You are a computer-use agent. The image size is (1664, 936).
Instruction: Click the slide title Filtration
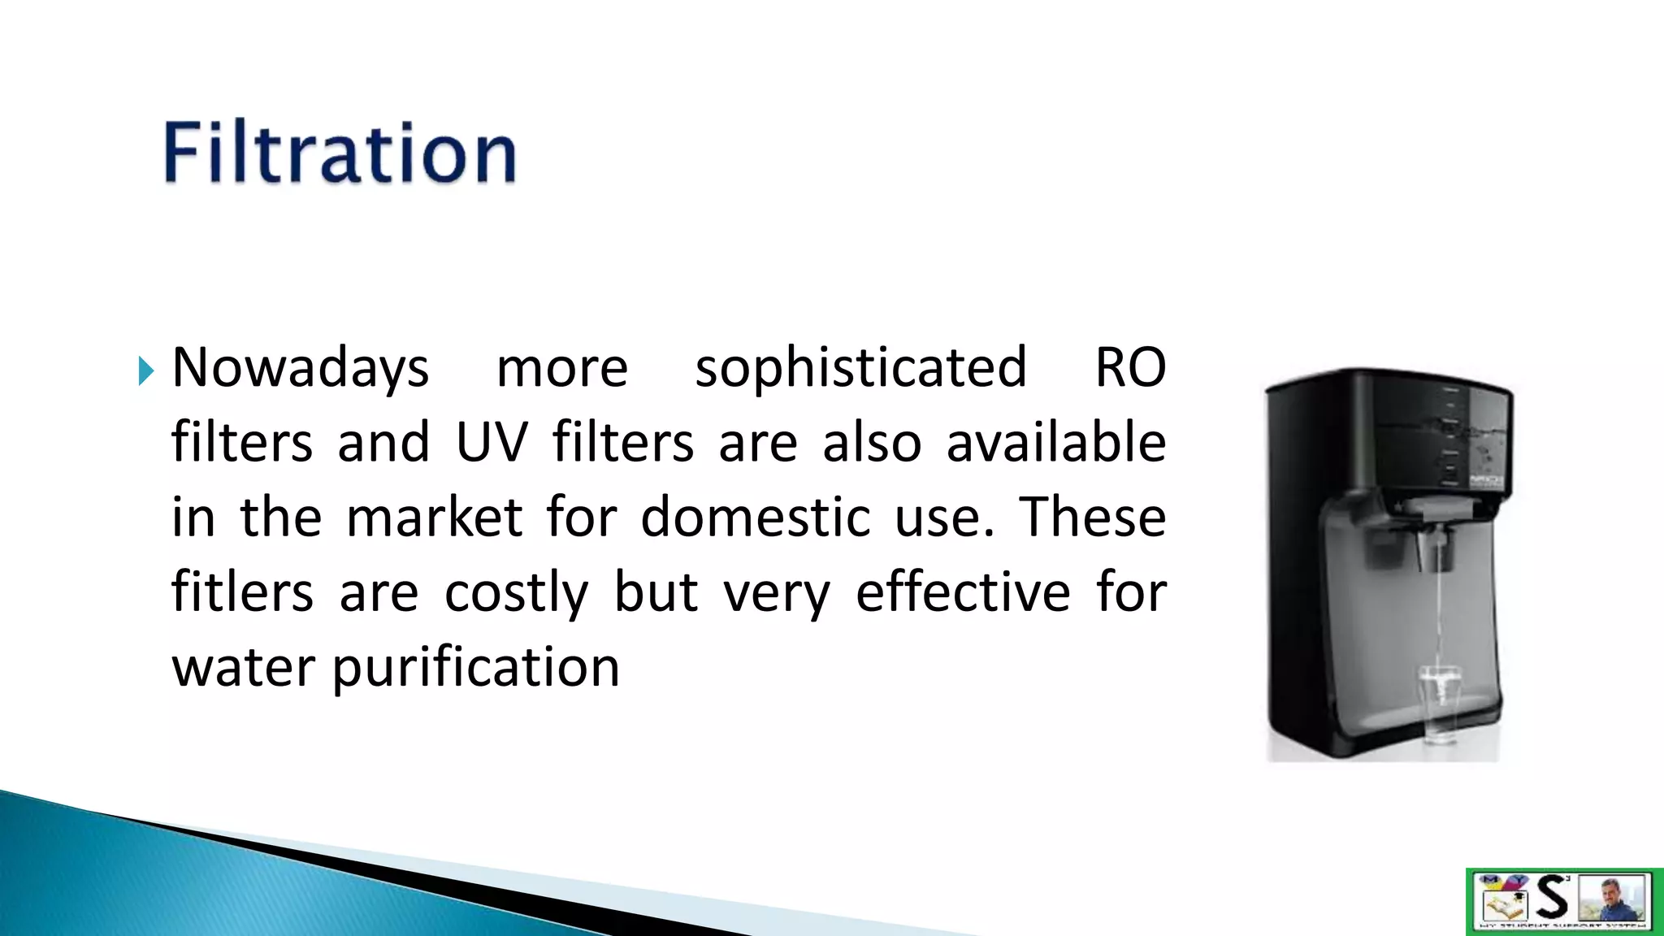pyautogui.click(x=340, y=153)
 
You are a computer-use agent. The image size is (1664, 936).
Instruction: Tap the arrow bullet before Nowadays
pyautogui.click(x=146, y=370)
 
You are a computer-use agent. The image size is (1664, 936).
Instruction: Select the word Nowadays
pyautogui.click(x=300, y=368)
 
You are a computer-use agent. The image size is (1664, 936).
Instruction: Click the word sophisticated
pyautogui.click(x=861, y=368)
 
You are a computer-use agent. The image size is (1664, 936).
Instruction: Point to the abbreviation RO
pyautogui.click(x=1130, y=368)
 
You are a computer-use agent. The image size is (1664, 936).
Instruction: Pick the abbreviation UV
pyautogui.click(x=492, y=443)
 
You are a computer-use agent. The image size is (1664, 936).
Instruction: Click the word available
pyautogui.click(x=1056, y=443)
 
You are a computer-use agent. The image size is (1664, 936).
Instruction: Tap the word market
pyautogui.click(x=434, y=518)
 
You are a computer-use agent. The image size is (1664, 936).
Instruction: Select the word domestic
pyautogui.click(x=756, y=518)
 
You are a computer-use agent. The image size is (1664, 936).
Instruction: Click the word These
pyautogui.click(x=1093, y=518)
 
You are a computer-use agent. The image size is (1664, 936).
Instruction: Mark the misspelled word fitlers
pyautogui.click(x=242, y=592)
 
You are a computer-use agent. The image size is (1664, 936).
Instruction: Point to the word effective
pyautogui.click(x=963, y=592)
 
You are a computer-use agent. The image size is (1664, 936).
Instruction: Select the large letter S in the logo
pyautogui.click(x=1552, y=897)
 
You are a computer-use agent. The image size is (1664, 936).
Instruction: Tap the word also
pyautogui.click(x=872, y=443)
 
